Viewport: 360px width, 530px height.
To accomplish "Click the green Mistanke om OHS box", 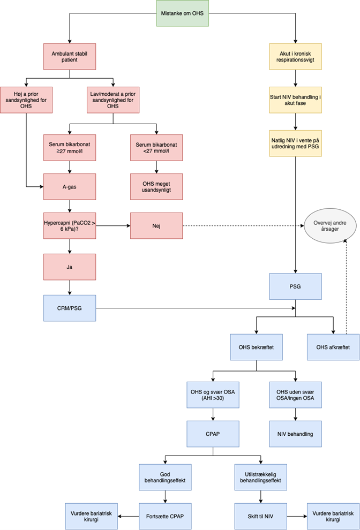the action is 182,13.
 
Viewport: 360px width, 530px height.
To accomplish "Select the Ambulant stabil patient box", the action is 69,56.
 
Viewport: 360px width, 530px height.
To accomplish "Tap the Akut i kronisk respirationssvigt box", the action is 295,56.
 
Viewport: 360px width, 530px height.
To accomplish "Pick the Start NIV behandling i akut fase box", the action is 295,100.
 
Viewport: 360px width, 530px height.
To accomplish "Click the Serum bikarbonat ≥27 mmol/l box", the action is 69,148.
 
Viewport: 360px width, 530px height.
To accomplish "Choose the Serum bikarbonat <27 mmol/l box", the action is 156,148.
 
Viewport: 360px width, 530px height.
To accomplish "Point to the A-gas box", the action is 69,187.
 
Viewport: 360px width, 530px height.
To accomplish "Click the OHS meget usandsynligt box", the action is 156,187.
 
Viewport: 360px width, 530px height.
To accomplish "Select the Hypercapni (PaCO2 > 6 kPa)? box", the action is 69,226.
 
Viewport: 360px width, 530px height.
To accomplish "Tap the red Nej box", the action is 156,226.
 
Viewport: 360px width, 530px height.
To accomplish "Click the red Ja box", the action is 69,267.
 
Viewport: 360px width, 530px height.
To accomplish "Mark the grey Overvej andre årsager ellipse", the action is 330,226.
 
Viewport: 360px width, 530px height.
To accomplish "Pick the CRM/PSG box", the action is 69,308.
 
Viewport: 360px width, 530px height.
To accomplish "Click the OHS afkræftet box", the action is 333,347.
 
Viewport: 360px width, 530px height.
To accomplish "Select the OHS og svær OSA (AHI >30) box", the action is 213,395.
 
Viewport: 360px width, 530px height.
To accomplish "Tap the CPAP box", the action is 213,434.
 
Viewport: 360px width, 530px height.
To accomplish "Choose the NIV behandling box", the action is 295,434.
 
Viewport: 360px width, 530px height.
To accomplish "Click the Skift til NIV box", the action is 260,516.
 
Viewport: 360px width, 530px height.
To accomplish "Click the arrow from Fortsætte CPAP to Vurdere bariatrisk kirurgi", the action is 128,516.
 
